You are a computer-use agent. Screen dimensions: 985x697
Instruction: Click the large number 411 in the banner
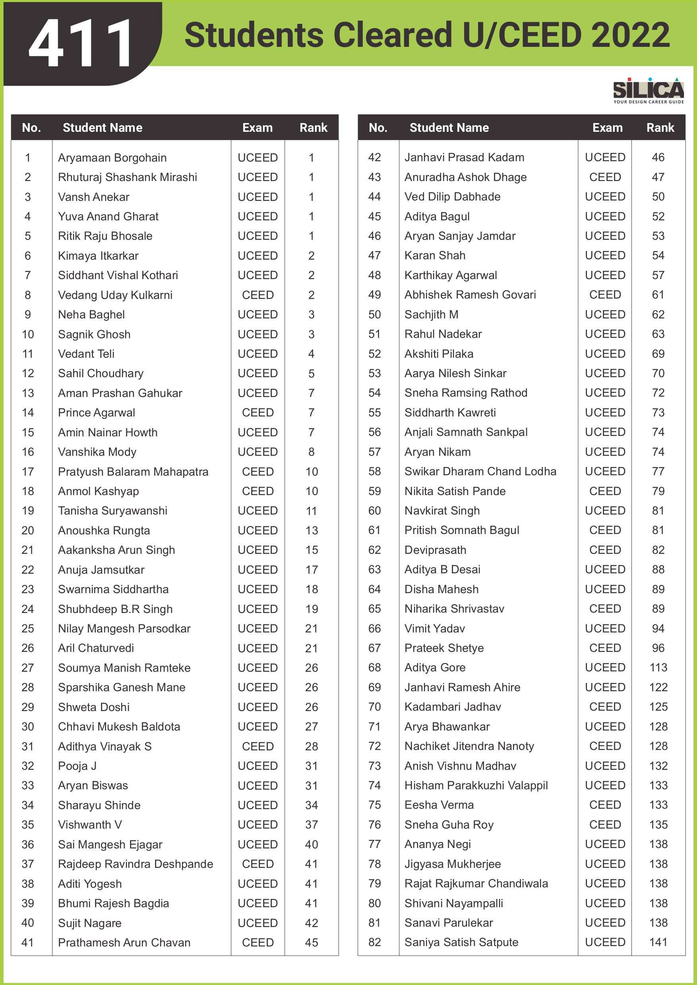(x=80, y=43)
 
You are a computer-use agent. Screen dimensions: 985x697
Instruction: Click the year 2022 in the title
(x=629, y=35)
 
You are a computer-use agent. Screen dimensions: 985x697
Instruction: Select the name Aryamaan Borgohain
(x=112, y=158)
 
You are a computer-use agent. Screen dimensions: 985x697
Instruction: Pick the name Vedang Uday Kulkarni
(x=115, y=295)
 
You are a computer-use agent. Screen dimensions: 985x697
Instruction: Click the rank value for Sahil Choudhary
(x=312, y=373)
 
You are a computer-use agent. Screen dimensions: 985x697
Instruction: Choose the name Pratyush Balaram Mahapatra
(x=133, y=472)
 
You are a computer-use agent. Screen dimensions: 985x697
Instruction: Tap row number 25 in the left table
(x=28, y=628)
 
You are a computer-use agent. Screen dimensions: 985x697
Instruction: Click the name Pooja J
(x=77, y=766)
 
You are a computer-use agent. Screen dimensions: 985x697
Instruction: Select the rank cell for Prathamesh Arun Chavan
(x=312, y=943)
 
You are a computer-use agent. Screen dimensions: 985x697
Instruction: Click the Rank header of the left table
(x=313, y=127)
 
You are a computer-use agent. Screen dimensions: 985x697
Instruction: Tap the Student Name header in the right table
(x=449, y=127)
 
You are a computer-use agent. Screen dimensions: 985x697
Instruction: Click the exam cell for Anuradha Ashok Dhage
(x=605, y=177)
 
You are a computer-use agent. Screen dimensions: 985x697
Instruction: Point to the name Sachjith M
(x=431, y=314)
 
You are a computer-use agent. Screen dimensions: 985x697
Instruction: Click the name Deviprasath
(x=435, y=549)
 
